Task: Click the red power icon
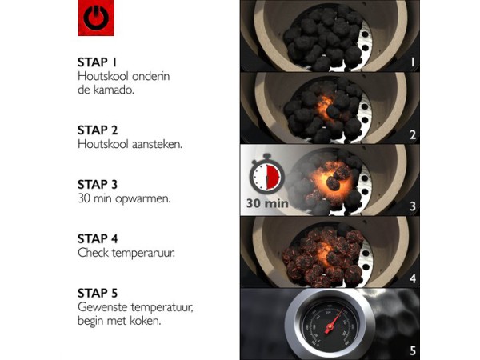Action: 96,18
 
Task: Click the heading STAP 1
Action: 97,62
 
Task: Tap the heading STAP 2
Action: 98,130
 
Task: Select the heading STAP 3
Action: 98,185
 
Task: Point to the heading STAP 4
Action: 98,238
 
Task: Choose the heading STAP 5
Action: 98,293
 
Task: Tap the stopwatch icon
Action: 266,174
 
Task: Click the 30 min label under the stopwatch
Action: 267,203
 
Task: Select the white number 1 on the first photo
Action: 413,62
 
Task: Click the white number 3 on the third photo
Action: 413,206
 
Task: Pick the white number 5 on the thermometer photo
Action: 413,350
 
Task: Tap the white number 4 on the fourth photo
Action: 413,278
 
